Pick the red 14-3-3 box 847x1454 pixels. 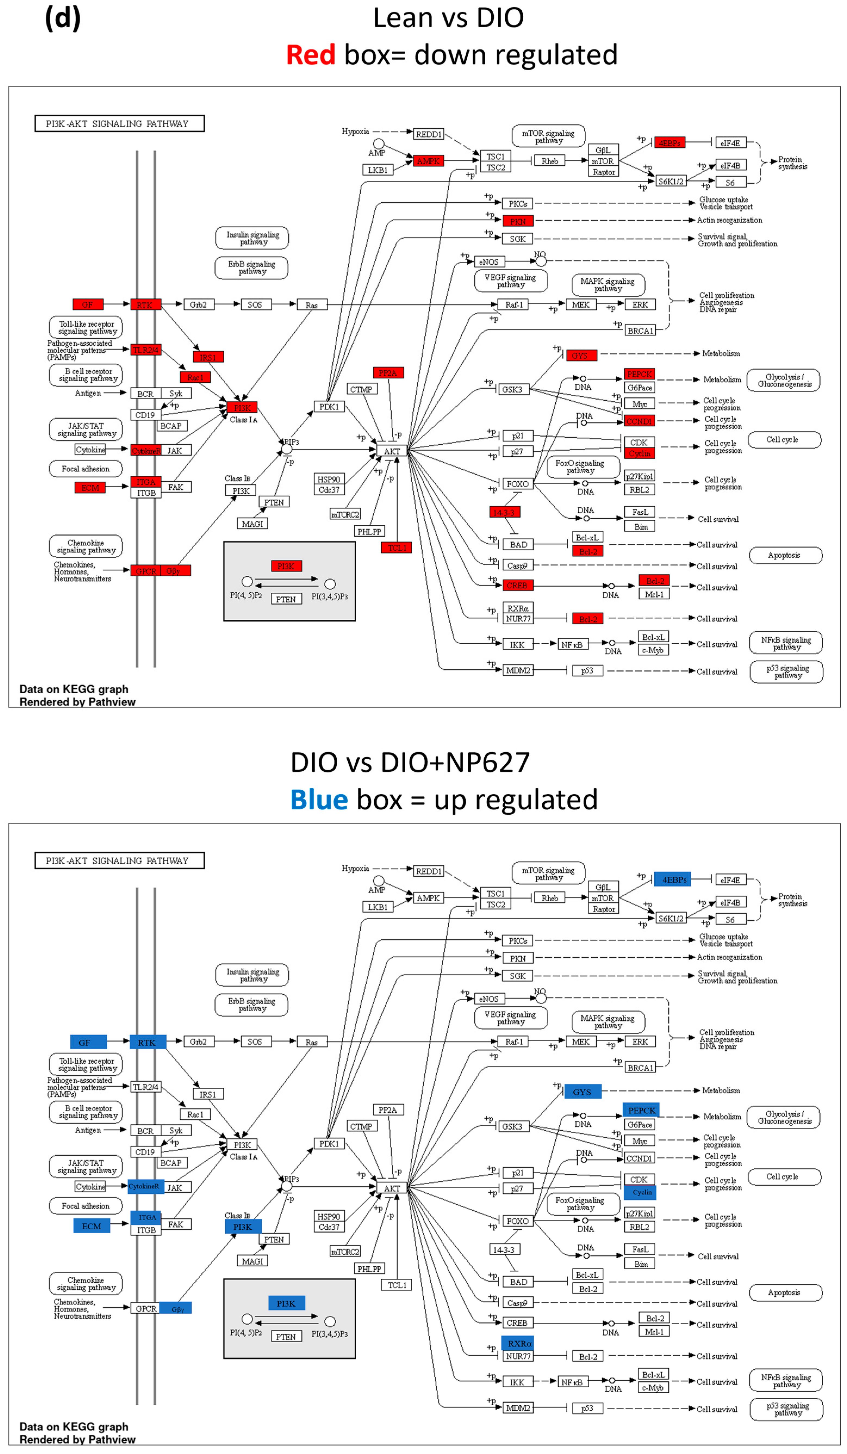[x=505, y=512]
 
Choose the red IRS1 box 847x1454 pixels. [x=208, y=357]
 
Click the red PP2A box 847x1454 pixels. [x=388, y=373]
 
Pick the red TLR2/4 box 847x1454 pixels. [x=145, y=350]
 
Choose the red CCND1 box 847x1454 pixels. [x=639, y=421]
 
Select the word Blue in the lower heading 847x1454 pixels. [x=319, y=800]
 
